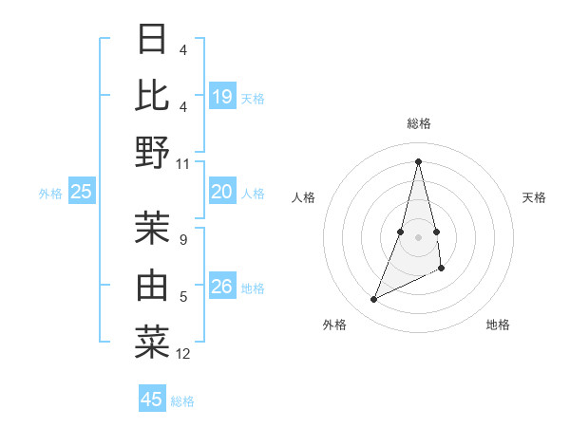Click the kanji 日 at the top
152,39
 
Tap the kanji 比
152,95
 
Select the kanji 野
152,152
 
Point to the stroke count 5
183,297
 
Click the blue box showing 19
222,96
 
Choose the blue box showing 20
222,193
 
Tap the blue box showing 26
222,286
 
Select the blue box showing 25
82,193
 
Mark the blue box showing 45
152,400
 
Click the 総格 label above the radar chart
418,124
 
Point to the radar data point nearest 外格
373,300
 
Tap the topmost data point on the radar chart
418,161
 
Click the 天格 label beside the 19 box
253,98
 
